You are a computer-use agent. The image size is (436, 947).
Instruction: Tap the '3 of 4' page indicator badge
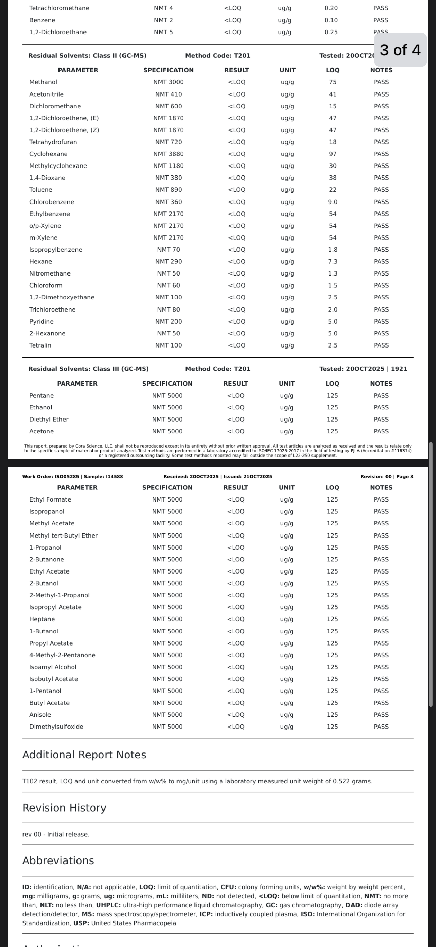coord(400,50)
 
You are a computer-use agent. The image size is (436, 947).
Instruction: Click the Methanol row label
coord(43,82)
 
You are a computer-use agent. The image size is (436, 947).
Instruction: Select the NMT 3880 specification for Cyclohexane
coord(169,154)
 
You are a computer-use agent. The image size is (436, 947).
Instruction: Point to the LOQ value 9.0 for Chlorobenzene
coord(333,202)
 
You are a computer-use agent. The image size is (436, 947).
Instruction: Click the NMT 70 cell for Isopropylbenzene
coord(169,250)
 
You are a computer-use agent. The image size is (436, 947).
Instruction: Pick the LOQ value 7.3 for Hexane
coord(333,261)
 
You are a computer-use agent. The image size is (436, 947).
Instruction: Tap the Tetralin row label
coord(40,345)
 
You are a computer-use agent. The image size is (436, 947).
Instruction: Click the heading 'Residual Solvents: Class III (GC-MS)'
coord(88,369)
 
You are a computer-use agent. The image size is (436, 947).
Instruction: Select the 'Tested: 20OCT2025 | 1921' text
coord(363,369)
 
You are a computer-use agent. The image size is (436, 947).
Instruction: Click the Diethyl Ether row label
coord(49,420)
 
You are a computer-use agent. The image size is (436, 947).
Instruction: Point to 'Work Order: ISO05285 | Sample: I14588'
coord(72,476)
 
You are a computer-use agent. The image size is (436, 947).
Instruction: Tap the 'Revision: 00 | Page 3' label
coord(387,476)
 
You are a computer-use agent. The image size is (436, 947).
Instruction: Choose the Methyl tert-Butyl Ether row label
coord(63,535)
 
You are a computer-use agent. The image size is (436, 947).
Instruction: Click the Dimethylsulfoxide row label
coord(56,727)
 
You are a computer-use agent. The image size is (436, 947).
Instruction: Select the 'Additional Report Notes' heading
coord(84,755)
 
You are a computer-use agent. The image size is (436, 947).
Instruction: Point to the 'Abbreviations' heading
coord(58,860)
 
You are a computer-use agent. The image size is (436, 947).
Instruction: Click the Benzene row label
coord(42,20)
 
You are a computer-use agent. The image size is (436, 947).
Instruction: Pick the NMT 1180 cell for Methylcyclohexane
coord(169,166)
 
